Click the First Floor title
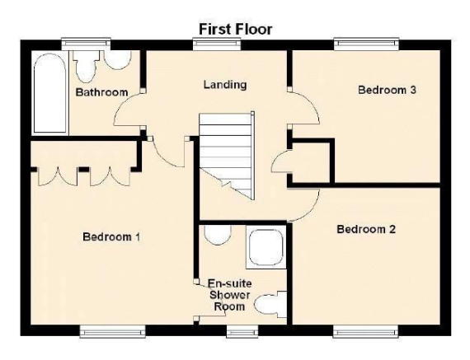coord(236,30)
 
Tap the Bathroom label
coord(101,92)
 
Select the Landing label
coord(225,85)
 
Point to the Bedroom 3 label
coord(387,90)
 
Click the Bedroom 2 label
coord(366,229)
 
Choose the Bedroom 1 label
coord(111,237)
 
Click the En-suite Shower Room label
coord(229,295)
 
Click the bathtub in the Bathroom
coord(49,93)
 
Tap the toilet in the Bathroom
coord(87,66)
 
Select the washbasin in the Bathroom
coord(118,60)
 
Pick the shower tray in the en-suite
coord(266,247)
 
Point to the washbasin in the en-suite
coord(219,235)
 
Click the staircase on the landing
coord(227,156)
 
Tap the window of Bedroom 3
coord(366,44)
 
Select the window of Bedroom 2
coord(366,331)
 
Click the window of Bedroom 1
coord(113,331)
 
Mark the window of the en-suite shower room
coord(242,331)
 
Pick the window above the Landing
coord(217,44)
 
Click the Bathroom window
coord(86,44)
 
